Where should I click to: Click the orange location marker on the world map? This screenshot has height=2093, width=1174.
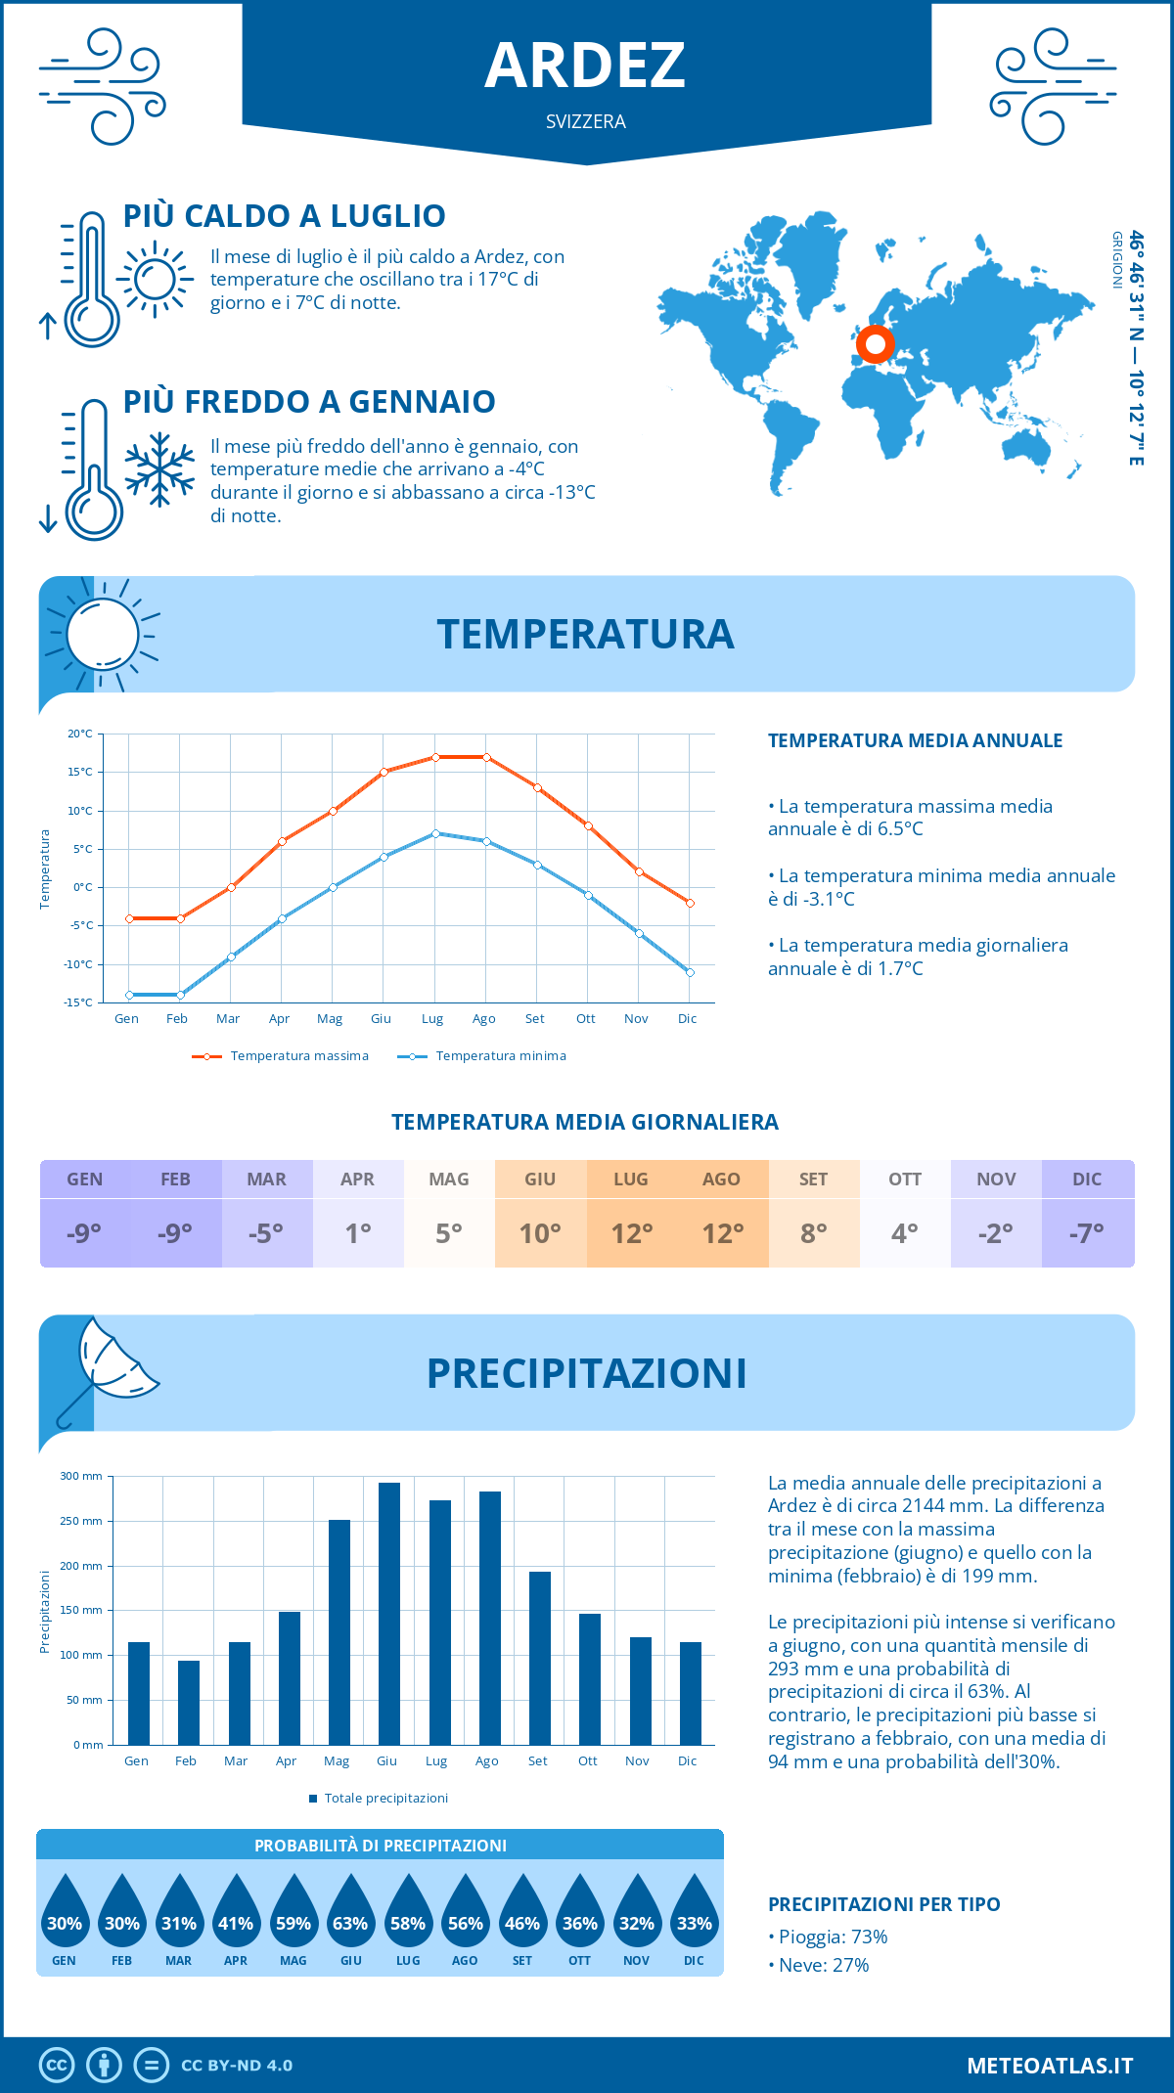(875, 344)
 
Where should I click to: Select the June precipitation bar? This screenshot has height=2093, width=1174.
(389, 1614)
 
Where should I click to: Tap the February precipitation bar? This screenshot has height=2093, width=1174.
(189, 1703)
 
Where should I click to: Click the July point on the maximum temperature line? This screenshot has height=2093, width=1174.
(435, 757)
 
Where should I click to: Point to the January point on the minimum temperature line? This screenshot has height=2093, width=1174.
(129, 995)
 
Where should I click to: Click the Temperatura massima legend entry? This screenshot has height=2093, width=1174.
(281, 1056)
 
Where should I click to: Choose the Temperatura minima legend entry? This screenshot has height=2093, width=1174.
(482, 1056)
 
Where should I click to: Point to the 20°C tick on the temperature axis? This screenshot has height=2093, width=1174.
(80, 734)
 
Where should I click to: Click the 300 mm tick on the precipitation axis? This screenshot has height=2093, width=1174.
(82, 1476)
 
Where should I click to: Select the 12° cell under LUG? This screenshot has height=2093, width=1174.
(631, 1233)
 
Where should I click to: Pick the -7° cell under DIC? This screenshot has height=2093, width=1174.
(1087, 1233)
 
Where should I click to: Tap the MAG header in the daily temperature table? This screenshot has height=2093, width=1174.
(449, 1180)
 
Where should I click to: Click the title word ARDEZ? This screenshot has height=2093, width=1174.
(585, 66)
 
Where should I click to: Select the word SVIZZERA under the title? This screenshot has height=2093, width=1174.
(586, 121)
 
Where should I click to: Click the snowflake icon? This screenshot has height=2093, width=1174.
(159, 469)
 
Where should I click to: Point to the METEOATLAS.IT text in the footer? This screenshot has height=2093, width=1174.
(1050, 2066)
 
